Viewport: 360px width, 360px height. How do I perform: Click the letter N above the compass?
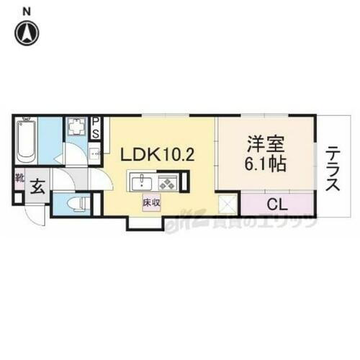27,11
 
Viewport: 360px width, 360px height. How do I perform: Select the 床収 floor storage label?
150,204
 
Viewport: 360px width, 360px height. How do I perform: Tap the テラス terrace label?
332,170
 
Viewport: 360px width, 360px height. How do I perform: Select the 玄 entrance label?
38,187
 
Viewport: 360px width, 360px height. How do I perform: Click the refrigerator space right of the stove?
184,181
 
